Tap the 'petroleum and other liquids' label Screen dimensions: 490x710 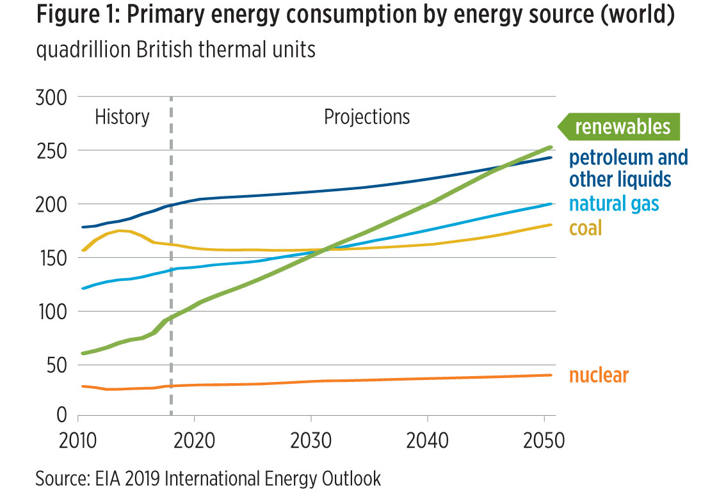[629, 168]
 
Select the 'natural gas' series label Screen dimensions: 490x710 [614, 204]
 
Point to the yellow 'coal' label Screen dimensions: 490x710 [586, 227]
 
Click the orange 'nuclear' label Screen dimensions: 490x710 [599, 375]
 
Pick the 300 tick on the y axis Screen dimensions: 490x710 [52, 97]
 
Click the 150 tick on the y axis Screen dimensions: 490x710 [52, 258]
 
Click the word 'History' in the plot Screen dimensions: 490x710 [122, 117]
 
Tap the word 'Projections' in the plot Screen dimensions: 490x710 [367, 117]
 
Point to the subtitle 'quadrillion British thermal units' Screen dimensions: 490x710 [176, 49]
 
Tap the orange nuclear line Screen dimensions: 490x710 [384, 379]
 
